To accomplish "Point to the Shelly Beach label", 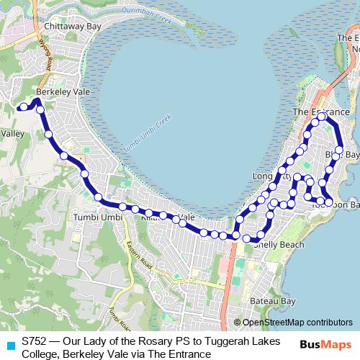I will coord(279,245).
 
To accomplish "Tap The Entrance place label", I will coord(321,112).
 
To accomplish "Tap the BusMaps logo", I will coord(324,343).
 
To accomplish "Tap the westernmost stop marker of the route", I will coord(24,107).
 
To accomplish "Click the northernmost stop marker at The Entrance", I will coord(321,117).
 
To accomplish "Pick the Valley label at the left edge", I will coord(13,133).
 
